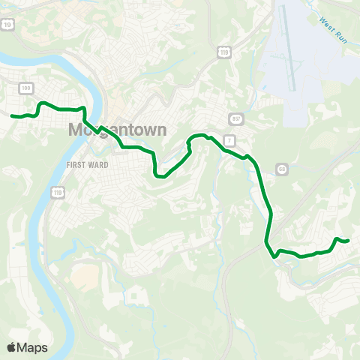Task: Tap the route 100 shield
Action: (x=27, y=88)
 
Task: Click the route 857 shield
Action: (x=236, y=118)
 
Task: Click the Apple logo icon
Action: (x=12, y=347)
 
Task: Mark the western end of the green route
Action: (x=12, y=115)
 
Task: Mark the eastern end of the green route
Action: (x=349, y=240)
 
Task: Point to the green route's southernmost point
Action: (x=275, y=257)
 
